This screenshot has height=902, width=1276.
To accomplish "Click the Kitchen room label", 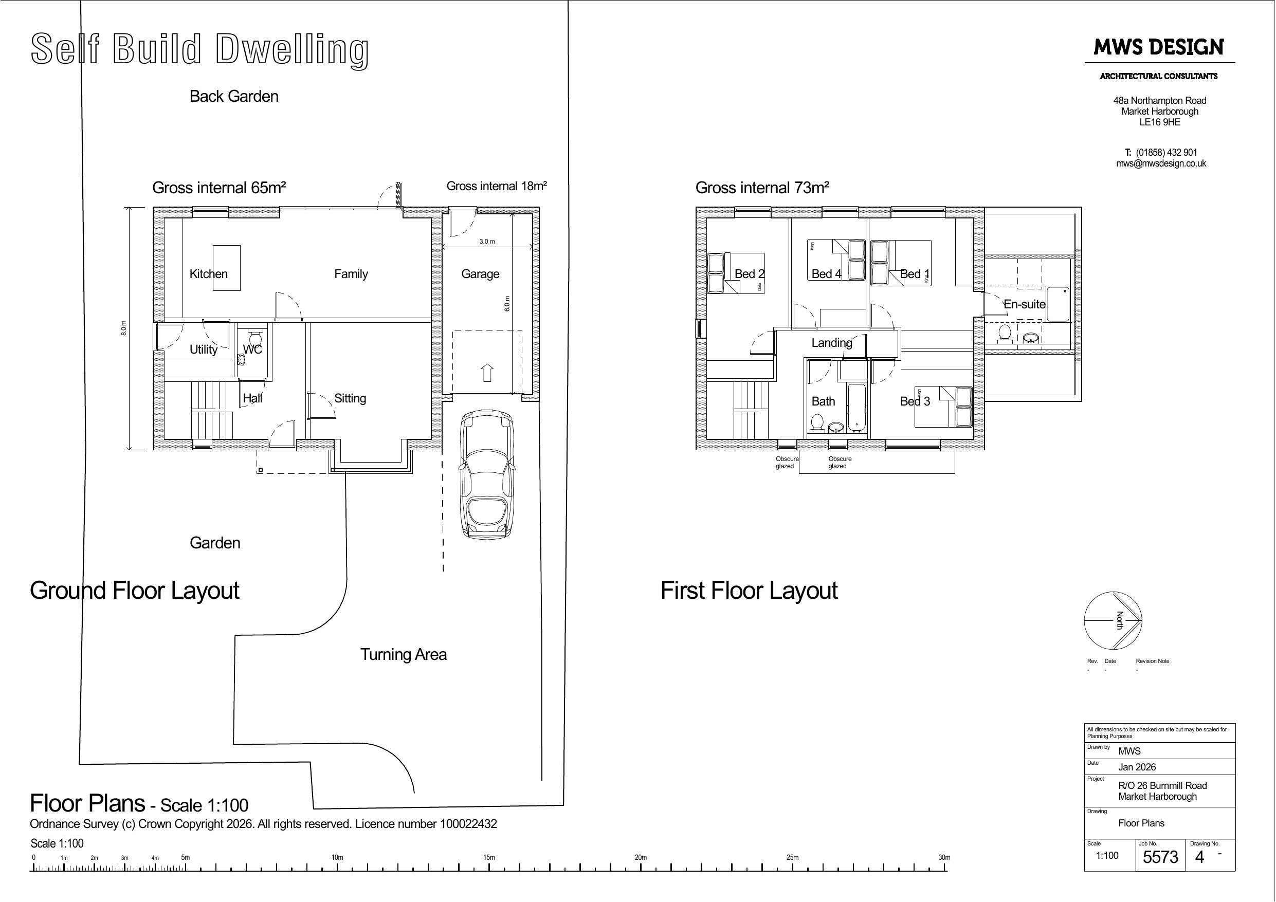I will pos(208,273).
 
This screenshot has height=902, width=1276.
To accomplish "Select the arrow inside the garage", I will pos(487,372).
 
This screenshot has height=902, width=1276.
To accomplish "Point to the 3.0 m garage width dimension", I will pos(487,241).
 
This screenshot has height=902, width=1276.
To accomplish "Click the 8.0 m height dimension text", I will pos(124,328).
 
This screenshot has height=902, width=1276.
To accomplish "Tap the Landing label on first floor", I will pos(831,342).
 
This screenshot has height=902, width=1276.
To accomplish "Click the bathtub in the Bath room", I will pos(856,407).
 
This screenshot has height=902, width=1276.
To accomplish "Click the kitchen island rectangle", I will pos(227,267).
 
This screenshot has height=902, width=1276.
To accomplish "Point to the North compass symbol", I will pos(1113,620).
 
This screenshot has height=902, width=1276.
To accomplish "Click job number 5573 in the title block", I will pos(1160,857).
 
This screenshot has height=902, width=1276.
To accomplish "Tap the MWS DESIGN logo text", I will pos(1159,47).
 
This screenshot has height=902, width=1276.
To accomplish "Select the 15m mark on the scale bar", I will pos(489,857).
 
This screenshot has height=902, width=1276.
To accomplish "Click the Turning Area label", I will pos(404,654).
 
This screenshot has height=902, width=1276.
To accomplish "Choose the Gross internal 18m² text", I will pos(496,186).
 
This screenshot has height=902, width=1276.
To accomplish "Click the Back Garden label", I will pos(234,96).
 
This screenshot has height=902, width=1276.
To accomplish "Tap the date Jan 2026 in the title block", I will pos(1137,767).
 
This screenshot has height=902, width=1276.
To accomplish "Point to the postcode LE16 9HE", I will pos(1160,122).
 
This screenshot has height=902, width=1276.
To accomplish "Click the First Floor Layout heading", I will pos(749,590).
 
